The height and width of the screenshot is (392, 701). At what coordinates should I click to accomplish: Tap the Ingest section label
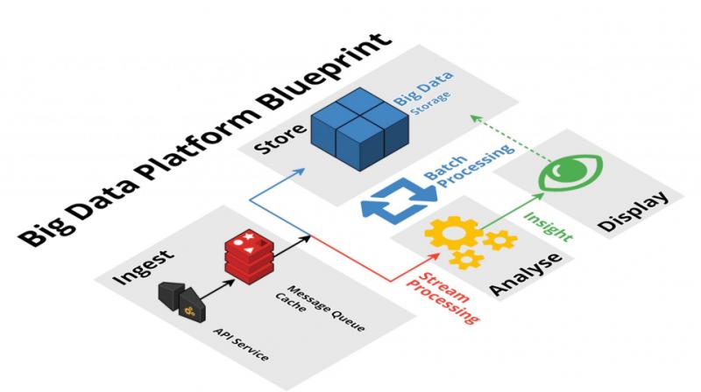143,267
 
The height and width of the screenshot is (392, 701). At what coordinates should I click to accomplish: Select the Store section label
280,138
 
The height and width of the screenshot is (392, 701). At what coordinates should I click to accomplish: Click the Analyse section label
525,274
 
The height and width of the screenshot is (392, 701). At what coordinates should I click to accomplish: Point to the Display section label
634,211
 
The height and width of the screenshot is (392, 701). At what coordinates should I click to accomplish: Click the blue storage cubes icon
360,129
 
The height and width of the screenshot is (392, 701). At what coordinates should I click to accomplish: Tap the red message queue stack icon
249,253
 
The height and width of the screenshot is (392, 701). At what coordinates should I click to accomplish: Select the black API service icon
182,301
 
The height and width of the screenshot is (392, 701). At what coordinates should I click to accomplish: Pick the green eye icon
571,171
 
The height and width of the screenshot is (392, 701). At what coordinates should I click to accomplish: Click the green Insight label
549,226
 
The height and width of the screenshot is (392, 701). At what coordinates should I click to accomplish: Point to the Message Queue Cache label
320,308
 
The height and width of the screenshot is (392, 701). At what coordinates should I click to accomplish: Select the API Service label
242,344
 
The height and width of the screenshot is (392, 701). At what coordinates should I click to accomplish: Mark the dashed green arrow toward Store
510,138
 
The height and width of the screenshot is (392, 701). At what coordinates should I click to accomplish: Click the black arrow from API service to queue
216,290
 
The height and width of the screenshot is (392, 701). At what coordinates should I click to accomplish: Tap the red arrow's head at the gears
435,255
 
